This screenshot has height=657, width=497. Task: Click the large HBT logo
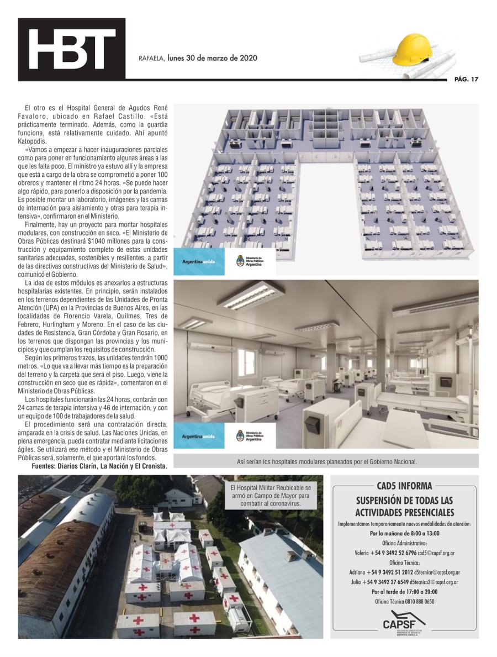click(71, 49)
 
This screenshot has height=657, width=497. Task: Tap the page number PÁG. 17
click(466, 80)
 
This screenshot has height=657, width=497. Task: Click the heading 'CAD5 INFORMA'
click(404, 487)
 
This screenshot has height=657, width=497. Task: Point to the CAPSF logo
click(404, 622)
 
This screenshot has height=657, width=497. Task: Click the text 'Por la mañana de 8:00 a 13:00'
click(404, 533)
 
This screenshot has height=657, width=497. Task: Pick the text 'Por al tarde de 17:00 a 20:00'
click(404, 592)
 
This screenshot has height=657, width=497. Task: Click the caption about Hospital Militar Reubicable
click(270, 496)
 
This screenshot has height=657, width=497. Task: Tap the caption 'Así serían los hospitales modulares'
click(326, 461)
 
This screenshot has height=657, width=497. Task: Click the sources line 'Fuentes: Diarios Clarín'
click(99, 466)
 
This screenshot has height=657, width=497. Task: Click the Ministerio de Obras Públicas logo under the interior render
click(248, 435)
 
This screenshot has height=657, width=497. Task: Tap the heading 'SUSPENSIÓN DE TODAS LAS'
click(404, 501)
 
